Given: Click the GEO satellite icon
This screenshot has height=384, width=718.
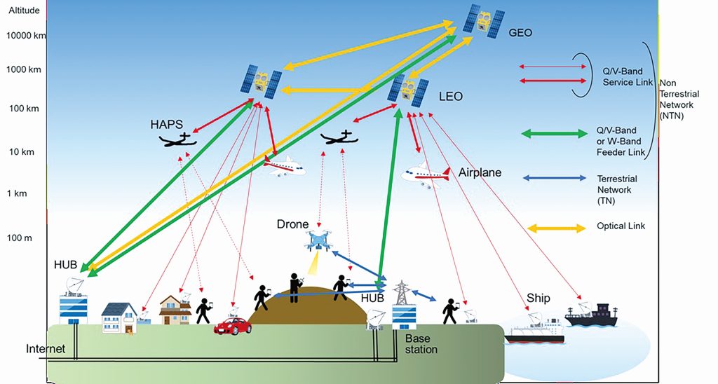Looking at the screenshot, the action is (484, 21).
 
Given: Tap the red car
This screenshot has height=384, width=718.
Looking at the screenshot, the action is (233, 326).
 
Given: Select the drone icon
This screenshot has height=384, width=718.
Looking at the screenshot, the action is (318, 241).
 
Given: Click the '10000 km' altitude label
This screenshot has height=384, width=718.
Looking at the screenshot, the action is (26, 35).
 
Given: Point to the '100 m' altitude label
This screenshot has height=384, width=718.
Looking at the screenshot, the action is (20, 238).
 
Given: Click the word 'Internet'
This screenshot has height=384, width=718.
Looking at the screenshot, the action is (46, 349).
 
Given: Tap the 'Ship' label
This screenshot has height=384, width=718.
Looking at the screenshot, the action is (538, 299).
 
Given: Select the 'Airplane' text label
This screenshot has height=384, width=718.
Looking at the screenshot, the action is (480, 172).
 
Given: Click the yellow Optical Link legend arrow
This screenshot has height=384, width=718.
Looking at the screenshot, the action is (557, 228).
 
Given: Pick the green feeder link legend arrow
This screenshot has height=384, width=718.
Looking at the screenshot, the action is (555, 134).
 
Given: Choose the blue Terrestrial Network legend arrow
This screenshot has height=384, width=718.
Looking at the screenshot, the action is (554, 178).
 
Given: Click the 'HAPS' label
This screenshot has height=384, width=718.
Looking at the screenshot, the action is (166, 124).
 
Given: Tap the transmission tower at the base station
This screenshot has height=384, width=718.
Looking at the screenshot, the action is (402, 292).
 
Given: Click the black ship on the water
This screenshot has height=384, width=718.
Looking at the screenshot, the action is (591, 315).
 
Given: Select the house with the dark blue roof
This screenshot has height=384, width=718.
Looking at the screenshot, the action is (119, 317).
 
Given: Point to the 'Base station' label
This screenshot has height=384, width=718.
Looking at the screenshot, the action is (421, 344).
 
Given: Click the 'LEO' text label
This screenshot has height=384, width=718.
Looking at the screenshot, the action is (451, 97).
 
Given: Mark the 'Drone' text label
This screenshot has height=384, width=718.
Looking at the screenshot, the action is (292, 224).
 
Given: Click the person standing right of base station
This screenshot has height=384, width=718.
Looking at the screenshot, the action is (450, 311).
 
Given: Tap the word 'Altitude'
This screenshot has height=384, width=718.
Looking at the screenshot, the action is (25, 10).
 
